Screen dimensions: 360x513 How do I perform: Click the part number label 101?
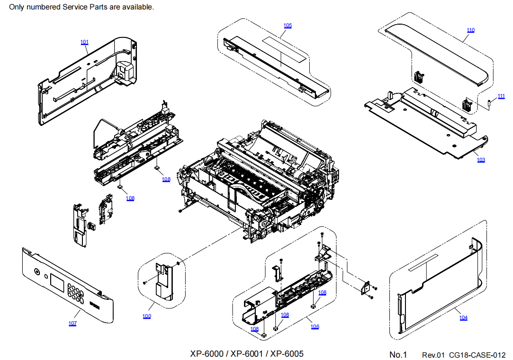point(84,42)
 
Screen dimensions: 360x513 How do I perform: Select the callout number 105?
point(288,26)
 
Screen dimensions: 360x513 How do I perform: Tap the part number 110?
point(470,30)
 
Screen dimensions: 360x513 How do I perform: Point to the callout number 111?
point(501,96)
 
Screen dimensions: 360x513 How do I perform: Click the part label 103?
point(481,160)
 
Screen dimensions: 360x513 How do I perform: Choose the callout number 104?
point(463,318)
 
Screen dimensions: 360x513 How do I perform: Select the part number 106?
point(315,327)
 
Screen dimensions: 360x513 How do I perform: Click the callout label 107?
point(72,324)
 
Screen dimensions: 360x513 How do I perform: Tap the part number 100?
point(147,316)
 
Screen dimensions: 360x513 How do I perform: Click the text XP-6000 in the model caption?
point(207,354)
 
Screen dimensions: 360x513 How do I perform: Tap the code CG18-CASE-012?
point(477,355)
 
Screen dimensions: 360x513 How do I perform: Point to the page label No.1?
point(398,355)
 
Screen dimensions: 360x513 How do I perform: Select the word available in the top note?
point(137,7)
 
